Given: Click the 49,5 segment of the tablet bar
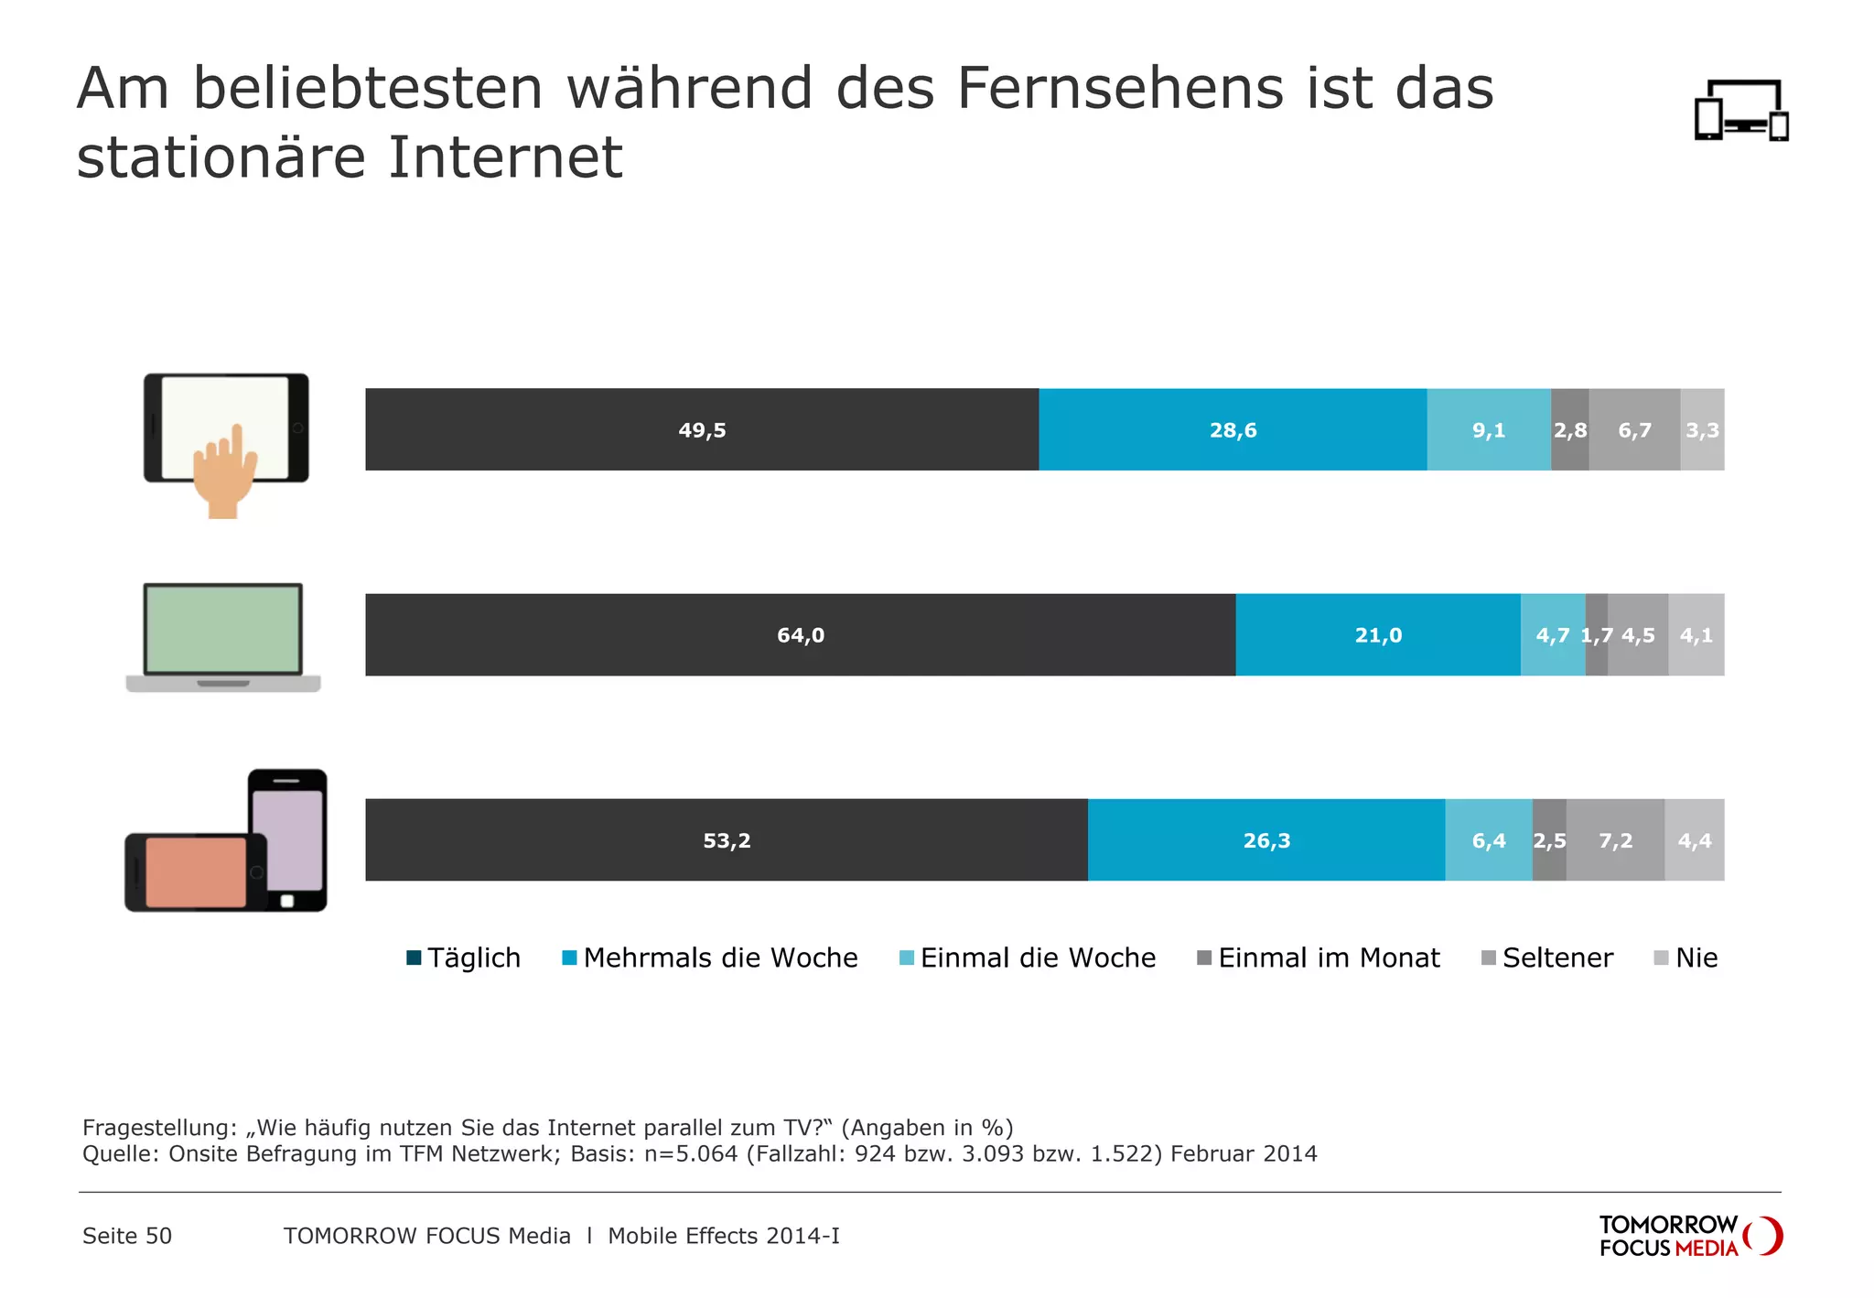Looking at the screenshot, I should coord(702,429).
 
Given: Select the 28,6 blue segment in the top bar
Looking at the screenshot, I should coord(1233,429).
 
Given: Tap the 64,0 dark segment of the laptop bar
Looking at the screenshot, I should coord(800,634).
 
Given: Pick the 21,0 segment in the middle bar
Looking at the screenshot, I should coord(1378,634).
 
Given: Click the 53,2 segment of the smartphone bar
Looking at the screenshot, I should coord(727,839).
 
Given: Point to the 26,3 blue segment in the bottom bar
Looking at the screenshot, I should coord(1266,839).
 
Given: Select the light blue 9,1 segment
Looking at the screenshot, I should coord(1489,429).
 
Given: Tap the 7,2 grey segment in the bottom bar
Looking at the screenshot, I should coord(1615,839).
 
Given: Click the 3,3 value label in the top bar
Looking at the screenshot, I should coord(1702,429).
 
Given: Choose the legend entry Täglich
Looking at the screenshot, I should coord(464,957).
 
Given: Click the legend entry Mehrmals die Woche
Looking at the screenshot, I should coord(710,957).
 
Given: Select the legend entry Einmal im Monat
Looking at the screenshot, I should coord(1319,957).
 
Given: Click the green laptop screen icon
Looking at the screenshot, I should coord(223,629).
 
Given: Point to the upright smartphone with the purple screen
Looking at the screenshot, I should coord(287,838).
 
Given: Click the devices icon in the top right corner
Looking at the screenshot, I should coord(1740,111).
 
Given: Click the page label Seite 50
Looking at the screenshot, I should coord(127,1236).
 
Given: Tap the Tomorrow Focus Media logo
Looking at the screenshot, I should coord(1689,1236).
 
